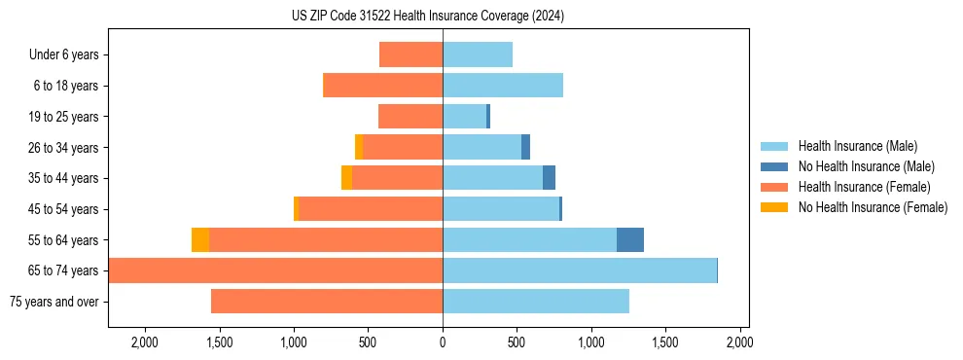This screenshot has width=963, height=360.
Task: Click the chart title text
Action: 427,16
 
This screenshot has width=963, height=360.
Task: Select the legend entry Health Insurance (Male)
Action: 857,146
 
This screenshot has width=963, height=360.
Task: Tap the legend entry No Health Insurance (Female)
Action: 873,207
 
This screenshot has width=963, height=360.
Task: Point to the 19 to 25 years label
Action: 63,117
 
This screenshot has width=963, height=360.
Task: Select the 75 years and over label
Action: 53,302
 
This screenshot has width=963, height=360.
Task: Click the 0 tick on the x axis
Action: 443,342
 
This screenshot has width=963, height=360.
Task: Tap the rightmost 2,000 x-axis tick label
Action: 739,342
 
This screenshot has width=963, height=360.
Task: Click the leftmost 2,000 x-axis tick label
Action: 145,342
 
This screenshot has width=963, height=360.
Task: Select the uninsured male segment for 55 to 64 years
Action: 630,240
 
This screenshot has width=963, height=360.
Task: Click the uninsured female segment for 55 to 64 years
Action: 200,240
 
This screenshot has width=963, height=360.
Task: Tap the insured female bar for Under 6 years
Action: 410,54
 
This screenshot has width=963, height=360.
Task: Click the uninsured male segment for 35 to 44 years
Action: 549,178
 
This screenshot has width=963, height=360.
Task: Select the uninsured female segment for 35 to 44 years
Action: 346,178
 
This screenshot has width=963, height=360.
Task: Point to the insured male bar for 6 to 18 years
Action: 503,86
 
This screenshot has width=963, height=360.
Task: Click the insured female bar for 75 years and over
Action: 327,302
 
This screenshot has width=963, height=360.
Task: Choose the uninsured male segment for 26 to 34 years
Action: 525,147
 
